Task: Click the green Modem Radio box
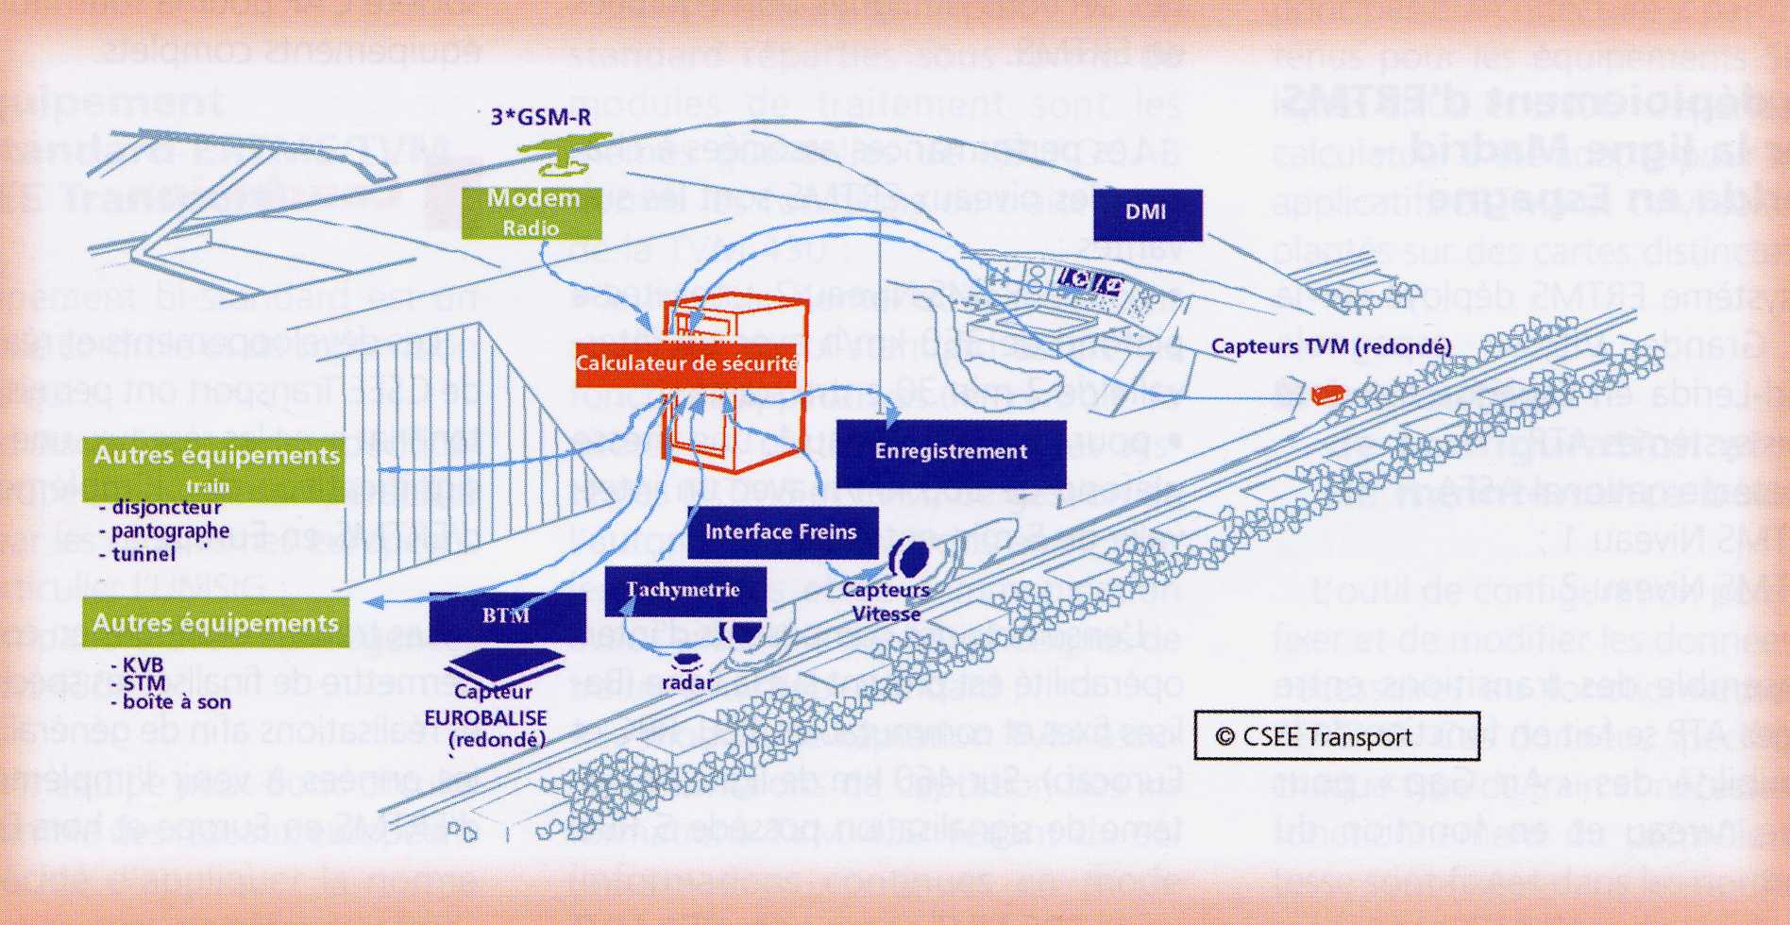[532, 212]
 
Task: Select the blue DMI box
[1147, 213]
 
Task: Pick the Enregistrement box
[951, 452]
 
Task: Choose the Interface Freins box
[782, 531]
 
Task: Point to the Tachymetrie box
[684, 590]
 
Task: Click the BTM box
[507, 616]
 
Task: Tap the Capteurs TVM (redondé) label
[1331, 346]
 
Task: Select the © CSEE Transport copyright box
[1336, 737]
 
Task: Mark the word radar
[687, 681]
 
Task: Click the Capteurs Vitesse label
[886, 602]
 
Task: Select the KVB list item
[144, 665]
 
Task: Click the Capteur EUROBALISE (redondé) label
[485, 716]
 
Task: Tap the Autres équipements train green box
[215, 467]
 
